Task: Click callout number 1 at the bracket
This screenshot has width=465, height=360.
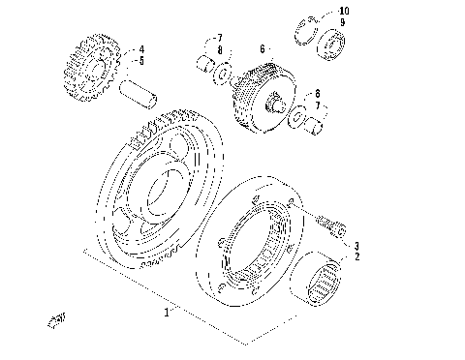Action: [x=166, y=313]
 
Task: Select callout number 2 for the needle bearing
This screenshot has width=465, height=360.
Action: [x=356, y=256]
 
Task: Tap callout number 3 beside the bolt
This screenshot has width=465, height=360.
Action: [x=356, y=246]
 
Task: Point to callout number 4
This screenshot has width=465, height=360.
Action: [x=141, y=48]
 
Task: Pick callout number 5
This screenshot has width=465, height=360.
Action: [x=141, y=60]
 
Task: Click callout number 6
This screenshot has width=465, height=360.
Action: [x=262, y=47]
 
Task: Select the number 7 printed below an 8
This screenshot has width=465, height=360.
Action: [x=316, y=105]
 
